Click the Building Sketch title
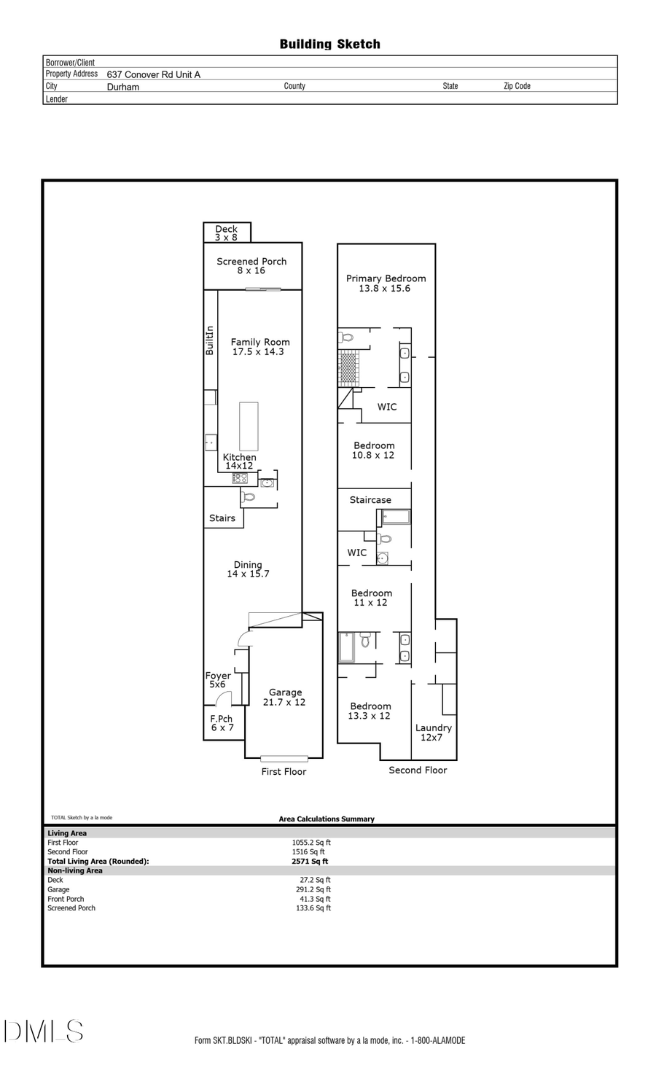pos(329,44)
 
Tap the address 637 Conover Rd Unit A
pos(153,74)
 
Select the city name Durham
pos(123,87)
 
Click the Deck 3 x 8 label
pos(226,233)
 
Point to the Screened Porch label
pos(251,262)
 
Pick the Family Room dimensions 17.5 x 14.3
pos(258,351)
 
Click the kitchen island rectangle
pos(249,426)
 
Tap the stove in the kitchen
pos(240,478)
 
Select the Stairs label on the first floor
pos(222,518)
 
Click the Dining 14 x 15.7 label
pos(248,569)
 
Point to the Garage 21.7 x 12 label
pos(284,698)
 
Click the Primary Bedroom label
pos(386,278)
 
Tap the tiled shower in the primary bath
pos(348,367)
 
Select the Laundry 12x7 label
pos(433,733)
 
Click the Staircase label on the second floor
pos(370,500)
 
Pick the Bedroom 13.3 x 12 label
pos(370,711)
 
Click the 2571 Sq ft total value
pos(310,861)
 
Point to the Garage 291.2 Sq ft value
pos(313,889)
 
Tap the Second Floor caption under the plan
pos(418,770)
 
